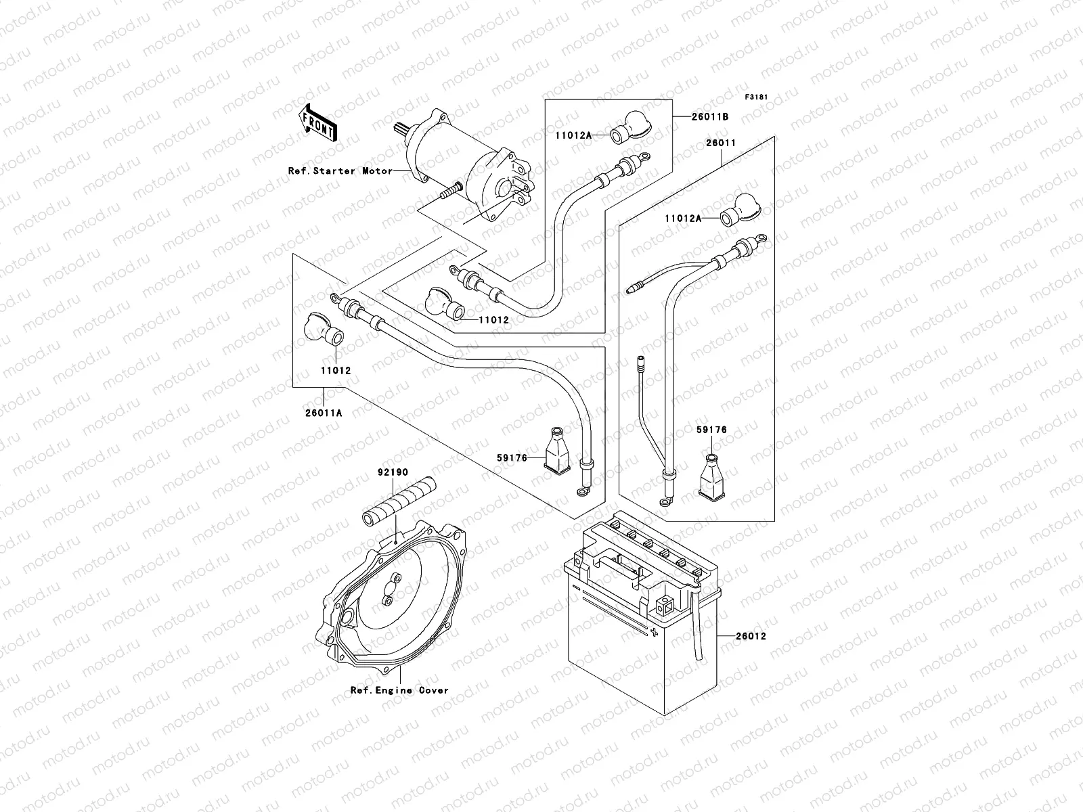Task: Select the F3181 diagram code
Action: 757,97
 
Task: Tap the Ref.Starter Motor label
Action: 340,171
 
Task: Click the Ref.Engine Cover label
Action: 399,691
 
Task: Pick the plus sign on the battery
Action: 655,631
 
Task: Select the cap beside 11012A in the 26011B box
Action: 630,127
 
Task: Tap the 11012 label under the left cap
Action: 336,371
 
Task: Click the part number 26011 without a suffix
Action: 721,143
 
